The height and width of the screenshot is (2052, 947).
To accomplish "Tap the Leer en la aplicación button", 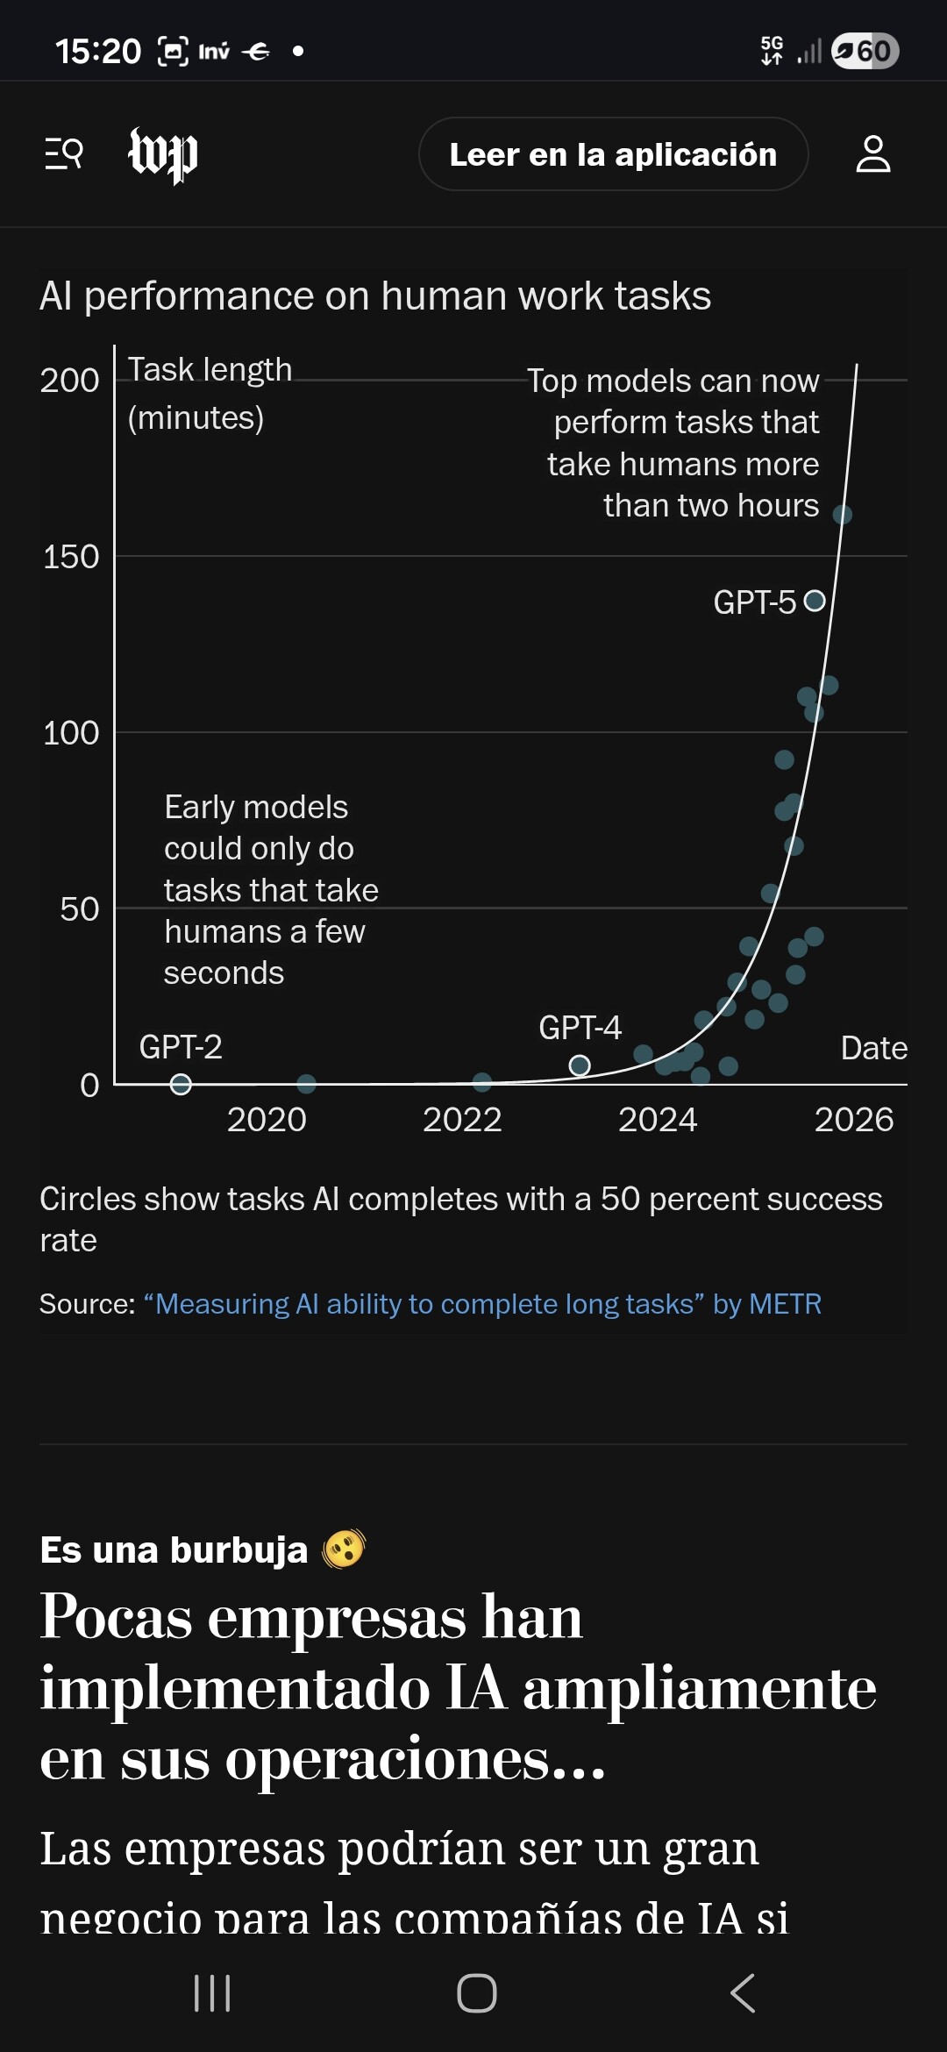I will pyautogui.click(x=613, y=154).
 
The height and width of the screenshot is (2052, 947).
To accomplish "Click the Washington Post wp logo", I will pyautogui.click(x=163, y=154).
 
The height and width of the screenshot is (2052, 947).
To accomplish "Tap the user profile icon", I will pyautogui.click(x=872, y=154).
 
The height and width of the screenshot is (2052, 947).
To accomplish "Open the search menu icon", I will pyautogui.click(x=64, y=153).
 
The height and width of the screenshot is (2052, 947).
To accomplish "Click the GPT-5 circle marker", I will pyautogui.click(x=815, y=601).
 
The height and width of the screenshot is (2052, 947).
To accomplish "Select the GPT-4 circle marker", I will pyautogui.click(x=580, y=1065).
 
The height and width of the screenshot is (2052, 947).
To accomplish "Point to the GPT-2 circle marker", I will pyautogui.click(x=181, y=1085).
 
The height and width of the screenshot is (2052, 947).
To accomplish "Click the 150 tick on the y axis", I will pyautogui.click(x=71, y=557).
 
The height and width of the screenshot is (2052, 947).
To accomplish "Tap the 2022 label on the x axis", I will pyautogui.click(x=462, y=1120).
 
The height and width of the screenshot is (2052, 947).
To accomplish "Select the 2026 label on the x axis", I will pyautogui.click(x=853, y=1120).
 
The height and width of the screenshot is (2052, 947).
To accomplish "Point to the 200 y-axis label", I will pyautogui.click(x=69, y=381).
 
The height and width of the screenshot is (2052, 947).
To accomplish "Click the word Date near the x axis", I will pyautogui.click(x=873, y=1048).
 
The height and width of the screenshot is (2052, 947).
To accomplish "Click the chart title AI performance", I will pyautogui.click(x=375, y=296).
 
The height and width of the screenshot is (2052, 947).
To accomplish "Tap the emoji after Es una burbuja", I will pyautogui.click(x=344, y=1549).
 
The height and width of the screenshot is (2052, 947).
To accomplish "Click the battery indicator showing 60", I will pyautogui.click(x=865, y=51).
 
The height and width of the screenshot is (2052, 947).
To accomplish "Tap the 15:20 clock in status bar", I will pyautogui.click(x=98, y=51).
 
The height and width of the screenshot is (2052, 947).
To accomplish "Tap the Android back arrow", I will pyautogui.click(x=742, y=1993).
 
